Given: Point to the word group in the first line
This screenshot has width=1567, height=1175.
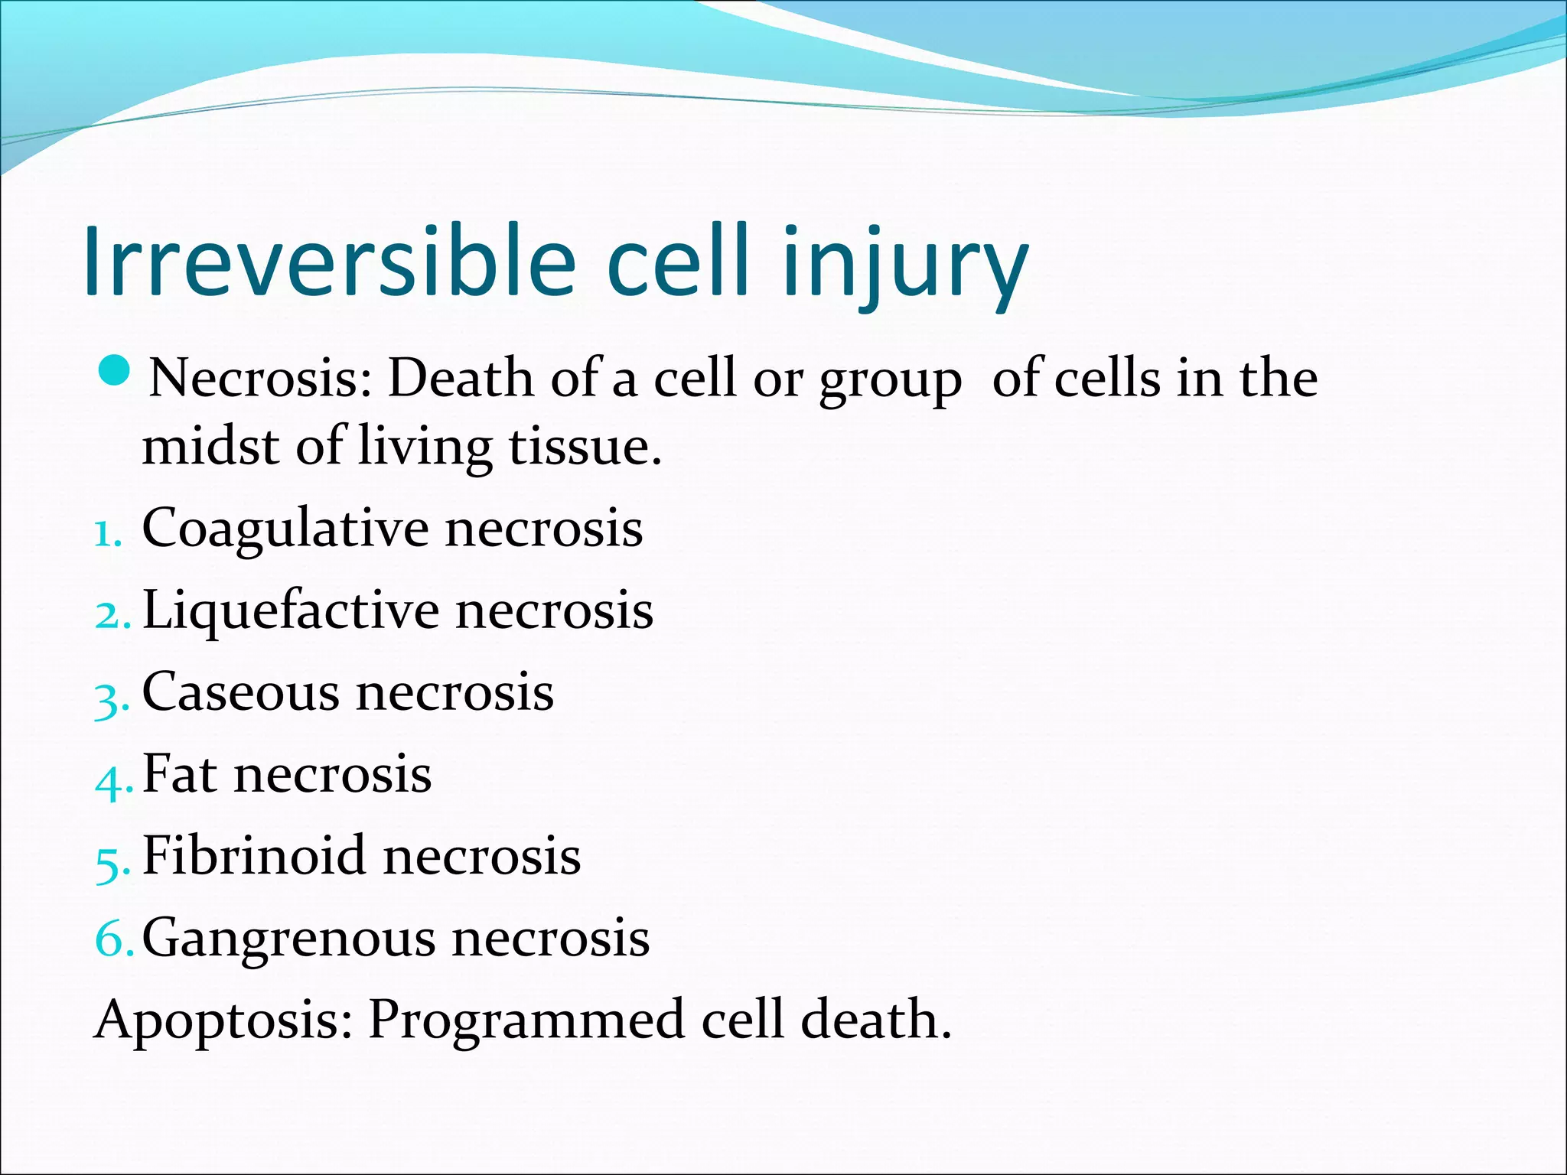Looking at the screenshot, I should pyautogui.click(x=890, y=380).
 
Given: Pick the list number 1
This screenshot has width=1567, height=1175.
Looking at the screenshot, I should pyautogui.click(x=107, y=533).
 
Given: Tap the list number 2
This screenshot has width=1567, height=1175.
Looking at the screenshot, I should pyautogui.click(x=111, y=614).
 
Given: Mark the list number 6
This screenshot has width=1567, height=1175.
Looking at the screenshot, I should pyautogui.click(x=112, y=939).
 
